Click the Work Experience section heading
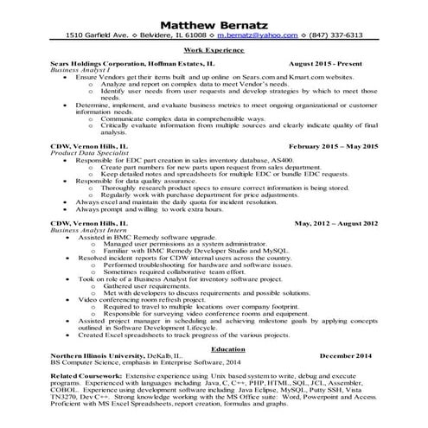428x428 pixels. click(x=214, y=51)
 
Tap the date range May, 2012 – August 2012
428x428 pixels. click(x=336, y=223)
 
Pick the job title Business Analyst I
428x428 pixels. click(x=80, y=71)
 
